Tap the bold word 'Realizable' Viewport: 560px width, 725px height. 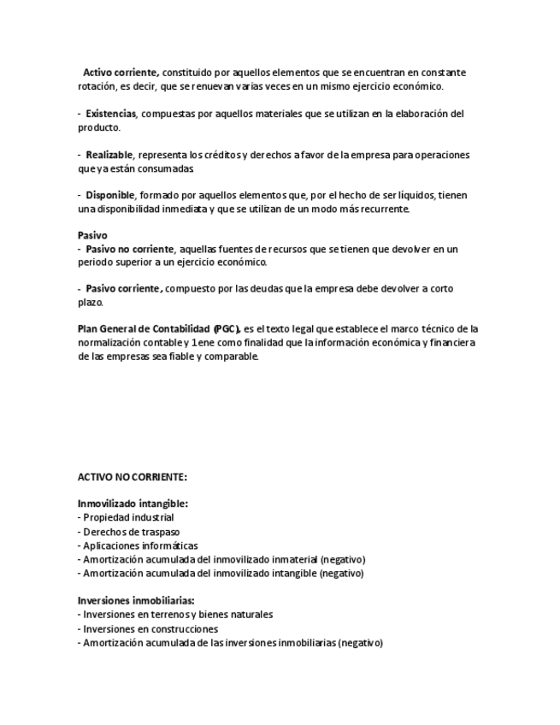click(x=109, y=155)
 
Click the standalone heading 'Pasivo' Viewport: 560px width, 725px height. click(x=92, y=235)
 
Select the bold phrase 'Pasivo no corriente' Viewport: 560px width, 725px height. click(x=129, y=249)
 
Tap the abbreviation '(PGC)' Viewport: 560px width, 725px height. click(x=227, y=328)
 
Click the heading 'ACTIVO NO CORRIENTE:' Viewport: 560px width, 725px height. click(x=133, y=476)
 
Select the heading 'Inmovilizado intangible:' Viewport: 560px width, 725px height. click(x=133, y=504)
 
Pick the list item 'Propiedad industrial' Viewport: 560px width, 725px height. click(x=128, y=517)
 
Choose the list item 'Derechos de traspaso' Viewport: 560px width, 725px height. click(x=131, y=532)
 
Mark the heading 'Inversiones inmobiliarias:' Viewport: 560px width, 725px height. click(x=136, y=600)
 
